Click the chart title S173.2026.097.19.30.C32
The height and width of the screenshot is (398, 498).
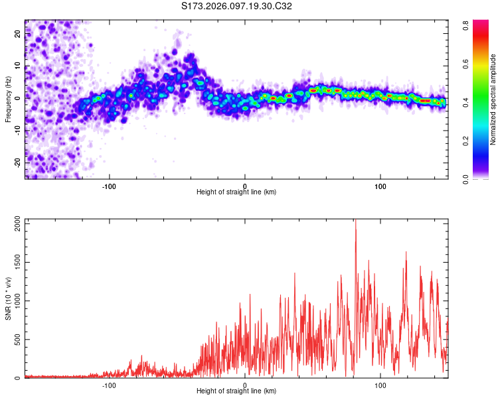click(x=237, y=6)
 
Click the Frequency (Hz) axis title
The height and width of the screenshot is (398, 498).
click(x=8, y=99)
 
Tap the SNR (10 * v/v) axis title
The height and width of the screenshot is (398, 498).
click(x=8, y=298)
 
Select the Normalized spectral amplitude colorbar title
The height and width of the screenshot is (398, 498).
click(x=493, y=99)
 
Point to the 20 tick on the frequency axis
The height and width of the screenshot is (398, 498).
click(x=18, y=34)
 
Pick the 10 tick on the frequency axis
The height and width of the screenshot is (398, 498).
click(x=18, y=66)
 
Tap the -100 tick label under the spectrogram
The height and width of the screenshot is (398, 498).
click(x=109, y=185)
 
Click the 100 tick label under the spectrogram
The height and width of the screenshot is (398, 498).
click(x=380, y=185)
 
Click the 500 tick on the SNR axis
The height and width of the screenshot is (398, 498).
click(x=15, y=340)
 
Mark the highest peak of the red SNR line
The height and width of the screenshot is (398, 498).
click(x=355, y=220)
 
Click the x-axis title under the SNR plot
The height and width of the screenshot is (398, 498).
click(x=236, y=391)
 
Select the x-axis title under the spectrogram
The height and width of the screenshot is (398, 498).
click(x=236, y=192)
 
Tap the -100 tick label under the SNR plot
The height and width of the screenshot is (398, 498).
click(x=109, y=385)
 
